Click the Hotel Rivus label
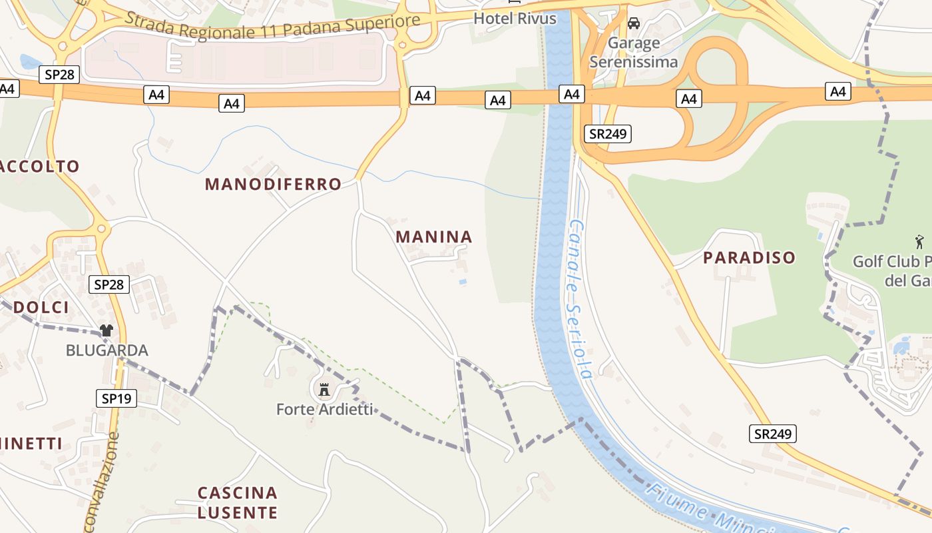click(x=515, y=19)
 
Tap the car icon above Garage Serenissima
click(x=634, y=23)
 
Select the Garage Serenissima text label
click(x=633, y=53)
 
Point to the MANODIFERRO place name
click(x=273, y=184)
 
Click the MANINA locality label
click(x=434, y=237)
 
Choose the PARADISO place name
click(x=750, y=257)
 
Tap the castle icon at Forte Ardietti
click(x=324, y=389)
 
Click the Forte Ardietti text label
click(x=325, y=409)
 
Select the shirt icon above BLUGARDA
click(x=107, y=330)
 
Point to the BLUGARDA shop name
click(x=107, y=350)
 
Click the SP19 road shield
click(x=116, y=398)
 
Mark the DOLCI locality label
click(x=41, y=307)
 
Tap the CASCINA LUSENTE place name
click(x=238, y=502)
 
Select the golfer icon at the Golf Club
click(x=919, y=241)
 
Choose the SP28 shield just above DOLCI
click(x=109, y=284)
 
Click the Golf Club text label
click(x=892, y=270)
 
